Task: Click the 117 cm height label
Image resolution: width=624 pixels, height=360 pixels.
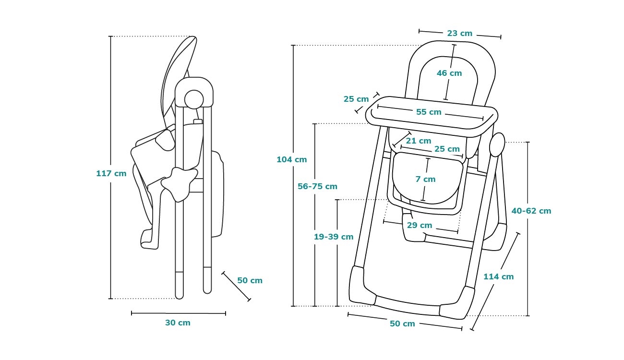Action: (x=111, y=173)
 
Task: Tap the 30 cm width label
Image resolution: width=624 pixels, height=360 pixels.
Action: (x=178, y=323)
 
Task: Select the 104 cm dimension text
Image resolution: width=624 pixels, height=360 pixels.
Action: (x=291, y=159)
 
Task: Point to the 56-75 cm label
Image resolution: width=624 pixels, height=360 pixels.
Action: (x=317, y=186)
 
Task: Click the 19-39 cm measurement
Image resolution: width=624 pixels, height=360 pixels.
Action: (x=334, y=237)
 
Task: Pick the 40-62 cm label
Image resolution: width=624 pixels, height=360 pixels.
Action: (x=531, y=211)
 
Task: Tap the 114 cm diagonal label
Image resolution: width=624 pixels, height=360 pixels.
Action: (x=498, y=276)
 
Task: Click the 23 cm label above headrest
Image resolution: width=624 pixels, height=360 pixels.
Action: (x=459, y=34)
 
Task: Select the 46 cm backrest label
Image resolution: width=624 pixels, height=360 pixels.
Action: (x=449, y=73)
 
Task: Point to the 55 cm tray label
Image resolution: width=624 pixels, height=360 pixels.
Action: (x=429, y=112)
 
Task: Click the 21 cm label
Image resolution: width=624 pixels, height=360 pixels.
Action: (x=418, y=141)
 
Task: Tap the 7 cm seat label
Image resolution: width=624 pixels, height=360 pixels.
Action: (x=425, y=179)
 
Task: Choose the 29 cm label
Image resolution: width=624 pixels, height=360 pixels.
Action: (x=419, y=225)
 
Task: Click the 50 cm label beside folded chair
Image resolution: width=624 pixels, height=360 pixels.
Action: (x=250, y=280)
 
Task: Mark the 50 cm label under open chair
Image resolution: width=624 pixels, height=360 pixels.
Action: (x=402, y=324)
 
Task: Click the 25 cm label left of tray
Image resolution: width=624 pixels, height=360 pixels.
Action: (x=356, y=99)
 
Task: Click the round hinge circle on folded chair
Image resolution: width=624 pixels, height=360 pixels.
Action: (x=194, y=98)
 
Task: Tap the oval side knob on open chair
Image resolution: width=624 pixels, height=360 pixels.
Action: (x=497, y=144)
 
